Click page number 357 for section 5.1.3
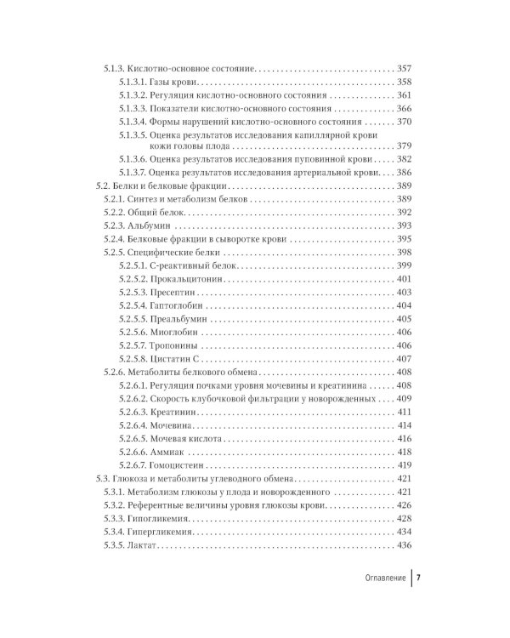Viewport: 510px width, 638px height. pyautogui.click(x=405, y=66)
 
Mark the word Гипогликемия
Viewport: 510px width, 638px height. pyautogui.click(x=160, y=518)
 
